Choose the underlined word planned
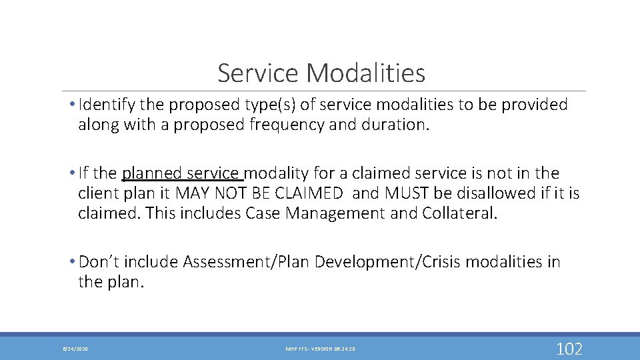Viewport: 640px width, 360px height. (x=152, y=174)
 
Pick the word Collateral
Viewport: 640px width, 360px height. (x=460, y=213)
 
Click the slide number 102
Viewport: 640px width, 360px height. (x=569, y=349)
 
